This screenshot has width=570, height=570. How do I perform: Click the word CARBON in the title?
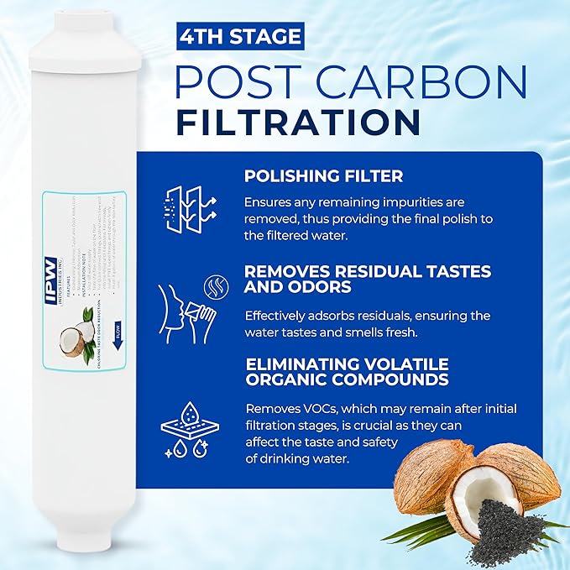tap(435, 82)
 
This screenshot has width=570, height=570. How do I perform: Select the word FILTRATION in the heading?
tap(298, 123)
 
